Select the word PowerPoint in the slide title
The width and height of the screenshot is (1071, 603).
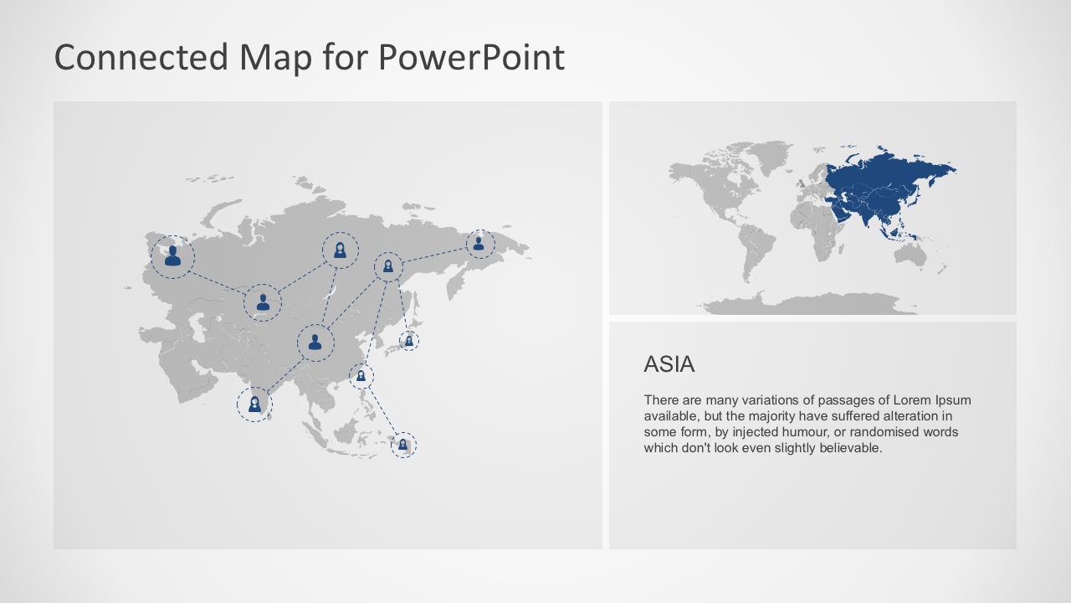(x=471, y=58)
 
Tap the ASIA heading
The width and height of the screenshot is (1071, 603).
(x=669, y=364)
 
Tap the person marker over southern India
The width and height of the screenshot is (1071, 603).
(x=254, y=405)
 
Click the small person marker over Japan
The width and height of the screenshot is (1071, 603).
(x=408, y=340)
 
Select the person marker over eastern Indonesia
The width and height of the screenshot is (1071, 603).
(x=402, y=445)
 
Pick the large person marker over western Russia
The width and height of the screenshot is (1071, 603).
(x=172, y=256)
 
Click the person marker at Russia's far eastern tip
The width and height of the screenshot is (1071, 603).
(x=479, y=244)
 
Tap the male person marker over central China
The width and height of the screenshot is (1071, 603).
(x=315, y=343)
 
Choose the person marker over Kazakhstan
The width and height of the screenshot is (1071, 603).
(x=263, y=302)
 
